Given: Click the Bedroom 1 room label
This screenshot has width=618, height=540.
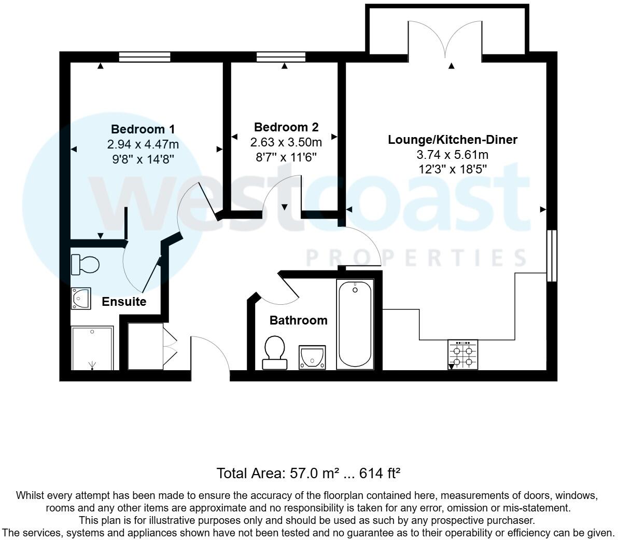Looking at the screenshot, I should (143, 129).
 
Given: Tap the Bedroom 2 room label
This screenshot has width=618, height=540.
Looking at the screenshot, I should (286, 127).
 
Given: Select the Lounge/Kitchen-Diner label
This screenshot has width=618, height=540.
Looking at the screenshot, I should (453, 140).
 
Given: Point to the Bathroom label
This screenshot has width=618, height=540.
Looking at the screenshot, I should (298, 320).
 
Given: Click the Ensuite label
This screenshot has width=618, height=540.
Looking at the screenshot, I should (124, 302).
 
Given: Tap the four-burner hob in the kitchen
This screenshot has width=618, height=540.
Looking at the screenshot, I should (462, 355).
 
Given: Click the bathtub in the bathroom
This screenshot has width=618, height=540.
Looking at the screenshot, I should (355, 325).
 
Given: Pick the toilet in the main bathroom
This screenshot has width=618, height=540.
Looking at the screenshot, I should (274, 353).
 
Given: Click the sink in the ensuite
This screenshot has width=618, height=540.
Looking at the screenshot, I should (81, 299).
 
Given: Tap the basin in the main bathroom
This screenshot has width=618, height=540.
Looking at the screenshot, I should (312, 357).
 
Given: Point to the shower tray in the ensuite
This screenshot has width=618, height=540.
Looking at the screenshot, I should (92, 348).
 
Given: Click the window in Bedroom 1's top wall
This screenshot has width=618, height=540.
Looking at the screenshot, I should (145, 57).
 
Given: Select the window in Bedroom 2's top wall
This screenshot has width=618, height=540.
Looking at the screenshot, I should (281, 57).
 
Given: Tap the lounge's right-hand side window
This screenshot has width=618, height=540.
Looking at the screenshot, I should (552, 255).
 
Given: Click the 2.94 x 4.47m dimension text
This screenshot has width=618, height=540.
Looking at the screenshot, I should (143, 144).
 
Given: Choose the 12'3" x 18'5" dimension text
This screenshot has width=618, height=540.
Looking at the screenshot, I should (453, 168).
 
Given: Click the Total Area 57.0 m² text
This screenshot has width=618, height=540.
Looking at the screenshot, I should (308, 473).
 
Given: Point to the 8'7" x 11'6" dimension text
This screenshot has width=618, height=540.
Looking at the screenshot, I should (286, 156).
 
